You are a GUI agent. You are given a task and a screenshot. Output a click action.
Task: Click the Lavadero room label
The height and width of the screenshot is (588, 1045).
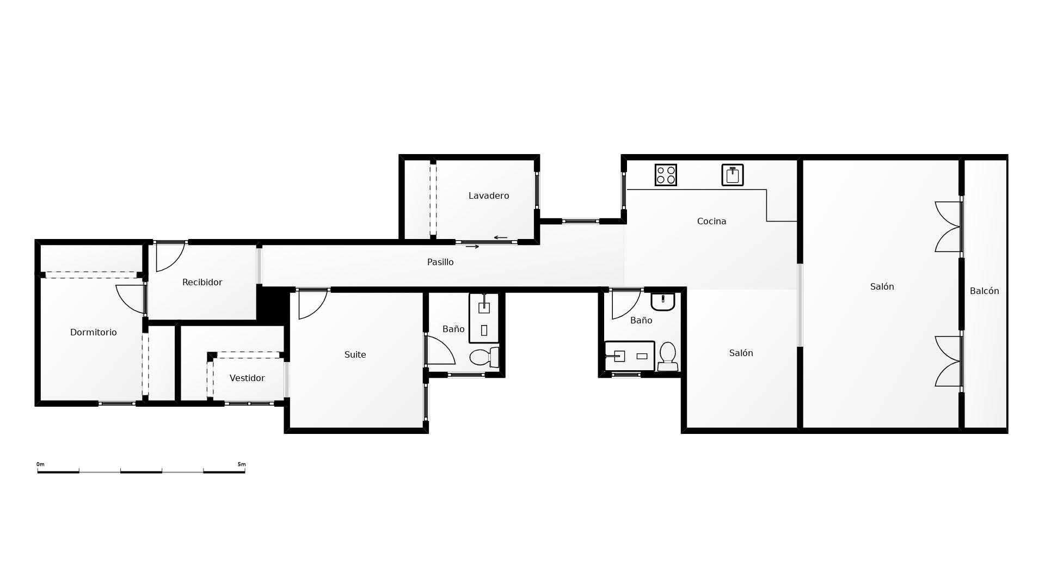489,196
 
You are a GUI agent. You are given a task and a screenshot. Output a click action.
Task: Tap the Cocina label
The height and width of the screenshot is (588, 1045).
711,222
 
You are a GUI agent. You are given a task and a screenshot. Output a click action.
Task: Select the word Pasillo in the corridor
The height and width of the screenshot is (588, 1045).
440,262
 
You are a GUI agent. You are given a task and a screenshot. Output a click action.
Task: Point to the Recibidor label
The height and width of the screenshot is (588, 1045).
202,283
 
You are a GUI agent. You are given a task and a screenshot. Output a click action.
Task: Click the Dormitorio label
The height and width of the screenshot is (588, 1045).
94,333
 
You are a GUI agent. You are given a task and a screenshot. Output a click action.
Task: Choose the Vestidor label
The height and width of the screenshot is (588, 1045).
247,378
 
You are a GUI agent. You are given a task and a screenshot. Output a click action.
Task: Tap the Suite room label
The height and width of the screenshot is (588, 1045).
355,355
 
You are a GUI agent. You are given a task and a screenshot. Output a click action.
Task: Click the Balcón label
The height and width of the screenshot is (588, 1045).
985,291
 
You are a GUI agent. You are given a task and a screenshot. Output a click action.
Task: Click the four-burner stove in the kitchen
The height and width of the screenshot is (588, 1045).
666,175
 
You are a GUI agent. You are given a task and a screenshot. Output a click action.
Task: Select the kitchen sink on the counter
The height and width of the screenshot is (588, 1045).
733,175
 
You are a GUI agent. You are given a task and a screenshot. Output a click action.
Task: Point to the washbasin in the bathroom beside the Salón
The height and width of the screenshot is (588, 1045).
662,302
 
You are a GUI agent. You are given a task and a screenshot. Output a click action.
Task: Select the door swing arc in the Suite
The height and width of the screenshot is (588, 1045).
320,309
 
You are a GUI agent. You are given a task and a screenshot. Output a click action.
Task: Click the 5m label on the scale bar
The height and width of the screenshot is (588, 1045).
242,464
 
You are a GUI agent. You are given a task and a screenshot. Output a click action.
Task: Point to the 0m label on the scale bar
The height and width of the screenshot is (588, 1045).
40,464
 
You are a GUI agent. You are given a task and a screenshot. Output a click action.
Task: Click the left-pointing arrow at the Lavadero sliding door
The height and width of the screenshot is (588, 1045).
501,238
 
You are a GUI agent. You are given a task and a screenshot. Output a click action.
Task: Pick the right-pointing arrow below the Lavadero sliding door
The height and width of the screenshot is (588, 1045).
472,247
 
